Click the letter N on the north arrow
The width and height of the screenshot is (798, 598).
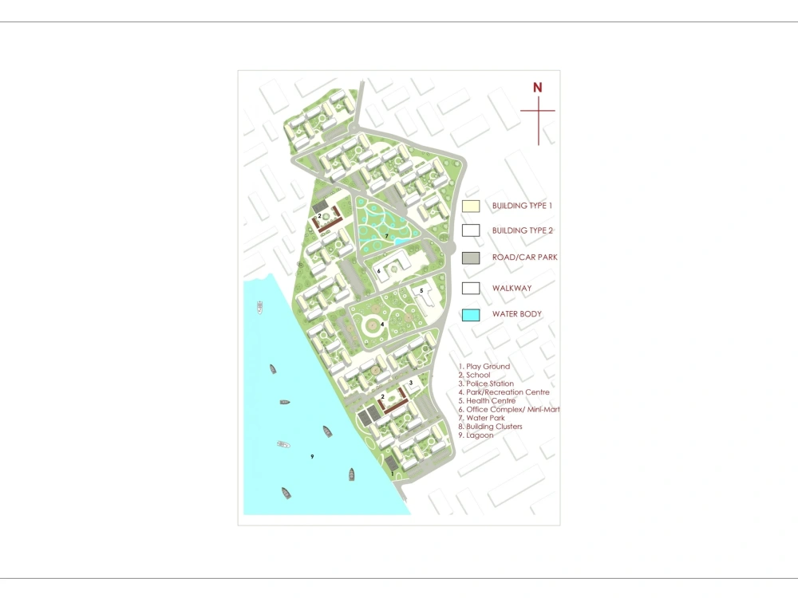(538, 88)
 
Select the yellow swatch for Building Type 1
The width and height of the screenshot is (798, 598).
(471, 206)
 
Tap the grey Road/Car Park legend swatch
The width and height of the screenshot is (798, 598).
(471, 258)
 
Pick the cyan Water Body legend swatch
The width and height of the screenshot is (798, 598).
(471, 314)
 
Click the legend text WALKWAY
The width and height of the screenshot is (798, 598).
(512, 289)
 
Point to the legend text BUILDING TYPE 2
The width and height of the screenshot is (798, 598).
(522, 231)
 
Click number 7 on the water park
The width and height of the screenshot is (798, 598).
(386, 236)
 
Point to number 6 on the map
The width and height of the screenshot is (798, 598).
(379, 271)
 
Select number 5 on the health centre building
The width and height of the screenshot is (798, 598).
(421, 290)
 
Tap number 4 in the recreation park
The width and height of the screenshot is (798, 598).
(383, 324)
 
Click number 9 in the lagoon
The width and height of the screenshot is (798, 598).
(312, 456)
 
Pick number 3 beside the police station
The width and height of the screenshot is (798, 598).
(410, 383)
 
